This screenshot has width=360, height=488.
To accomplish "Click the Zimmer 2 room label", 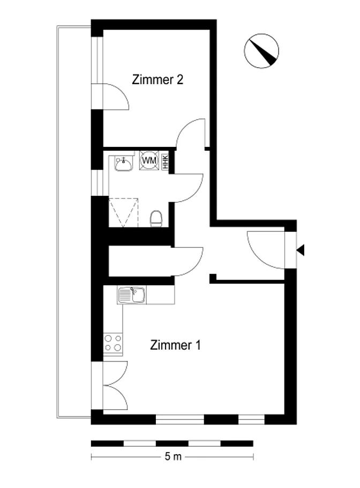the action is [157, 80].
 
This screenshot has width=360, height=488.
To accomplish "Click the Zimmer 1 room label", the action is [175, 345].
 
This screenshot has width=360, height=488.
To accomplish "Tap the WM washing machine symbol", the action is [149, 160].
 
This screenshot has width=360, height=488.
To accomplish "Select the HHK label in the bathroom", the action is [166, 162].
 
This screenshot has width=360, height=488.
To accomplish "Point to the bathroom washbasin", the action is [124, 164].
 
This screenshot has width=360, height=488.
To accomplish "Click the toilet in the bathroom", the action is [156, 218].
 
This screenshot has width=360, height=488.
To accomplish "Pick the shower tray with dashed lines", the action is [123, 212].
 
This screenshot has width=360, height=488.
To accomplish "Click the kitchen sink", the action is [132, 295].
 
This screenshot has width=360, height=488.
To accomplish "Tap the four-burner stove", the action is [113, 343].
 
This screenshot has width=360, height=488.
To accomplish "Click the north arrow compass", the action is [261, 51].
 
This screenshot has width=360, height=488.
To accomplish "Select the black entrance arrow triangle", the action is [301, 250].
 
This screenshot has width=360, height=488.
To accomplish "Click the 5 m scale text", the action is [173, 456].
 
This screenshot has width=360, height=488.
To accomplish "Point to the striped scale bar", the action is [172, 443].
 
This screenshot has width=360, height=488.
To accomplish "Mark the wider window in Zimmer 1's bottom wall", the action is [179, 419].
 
